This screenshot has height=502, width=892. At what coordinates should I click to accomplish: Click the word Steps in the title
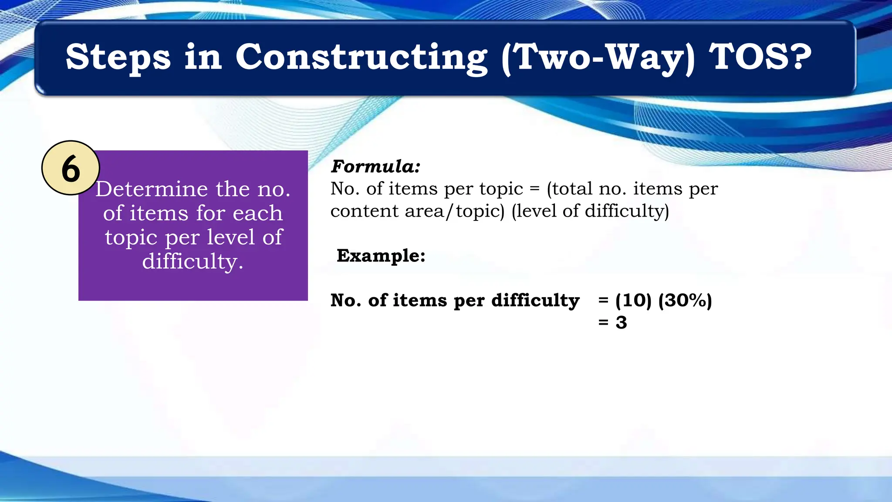coord(118,57)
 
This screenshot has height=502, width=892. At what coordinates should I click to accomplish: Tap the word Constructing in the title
coord(361,57)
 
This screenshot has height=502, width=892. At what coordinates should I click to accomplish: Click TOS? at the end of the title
coord(760,57)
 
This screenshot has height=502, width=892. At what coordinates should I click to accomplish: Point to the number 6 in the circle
coord(71,169)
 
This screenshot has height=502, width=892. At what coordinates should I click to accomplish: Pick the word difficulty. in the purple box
coord(193,261)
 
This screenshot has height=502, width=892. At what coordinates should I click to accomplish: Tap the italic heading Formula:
coord(375,166)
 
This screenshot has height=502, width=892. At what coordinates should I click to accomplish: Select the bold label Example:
coord(381,255)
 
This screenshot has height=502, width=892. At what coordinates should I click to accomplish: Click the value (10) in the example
coord(633,300)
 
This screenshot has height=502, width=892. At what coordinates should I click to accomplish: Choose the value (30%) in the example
coord(685,300)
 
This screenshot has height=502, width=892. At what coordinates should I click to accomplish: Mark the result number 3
coord(621,322)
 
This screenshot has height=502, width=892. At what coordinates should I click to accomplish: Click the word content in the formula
coord(365,211)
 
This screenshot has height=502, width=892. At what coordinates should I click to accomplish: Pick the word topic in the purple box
coord(131,237)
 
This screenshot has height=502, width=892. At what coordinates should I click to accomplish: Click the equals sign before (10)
coord(603,300)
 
